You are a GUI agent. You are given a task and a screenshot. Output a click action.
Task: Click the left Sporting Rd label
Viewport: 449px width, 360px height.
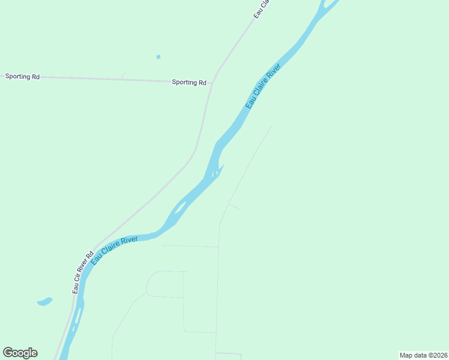pyautogui.click(x=22, y=76)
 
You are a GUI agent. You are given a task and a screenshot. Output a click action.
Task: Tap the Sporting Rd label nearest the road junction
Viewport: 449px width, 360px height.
pyautogui.click(x=189, y=82)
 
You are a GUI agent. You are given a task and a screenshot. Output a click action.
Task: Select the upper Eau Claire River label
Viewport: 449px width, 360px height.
pyautogui.click(x=263, y=87)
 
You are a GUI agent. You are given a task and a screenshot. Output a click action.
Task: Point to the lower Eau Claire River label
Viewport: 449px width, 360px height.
pyautogui.click(x=114, y=248)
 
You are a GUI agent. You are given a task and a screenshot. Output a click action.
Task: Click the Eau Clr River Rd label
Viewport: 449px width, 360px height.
pyautogui.click(x=83, y=272)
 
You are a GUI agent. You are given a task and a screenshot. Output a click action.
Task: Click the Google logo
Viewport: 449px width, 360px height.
pyautogui.click(x=20, y=353)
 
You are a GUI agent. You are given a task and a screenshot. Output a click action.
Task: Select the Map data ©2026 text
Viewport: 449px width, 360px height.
pyautogui.click(x=423, y=355)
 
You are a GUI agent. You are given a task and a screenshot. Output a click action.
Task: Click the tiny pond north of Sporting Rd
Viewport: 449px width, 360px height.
pyautogui.click(x=158, y=57)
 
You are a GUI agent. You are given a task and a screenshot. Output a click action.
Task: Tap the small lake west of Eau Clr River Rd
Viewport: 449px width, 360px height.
pyautogui.click(x=44, y=301)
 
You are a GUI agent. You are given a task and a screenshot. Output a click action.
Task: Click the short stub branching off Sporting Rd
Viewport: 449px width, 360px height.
pyautogui.click(x=123, y=75)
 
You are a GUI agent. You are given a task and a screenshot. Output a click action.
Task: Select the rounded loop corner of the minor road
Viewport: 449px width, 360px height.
pyautogui.click(x=150, y=277)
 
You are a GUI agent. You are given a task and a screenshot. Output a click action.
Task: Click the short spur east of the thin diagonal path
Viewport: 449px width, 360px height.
pyautogui.click(x=235, y=207)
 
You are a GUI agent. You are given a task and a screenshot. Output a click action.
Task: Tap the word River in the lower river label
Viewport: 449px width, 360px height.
pyautogui.click(x=129, y=241)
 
